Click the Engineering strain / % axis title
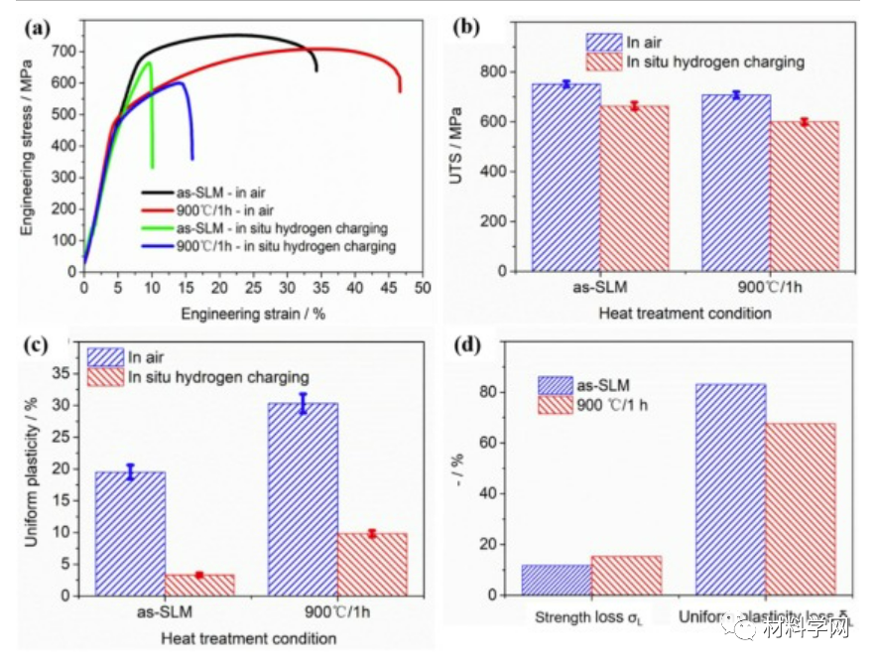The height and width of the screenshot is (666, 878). coord(252,313)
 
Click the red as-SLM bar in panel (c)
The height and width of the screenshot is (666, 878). coord(199,585)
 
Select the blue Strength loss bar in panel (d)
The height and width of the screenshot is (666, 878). coord(557,580)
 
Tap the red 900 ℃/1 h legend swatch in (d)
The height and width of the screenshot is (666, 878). coord(560,405)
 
